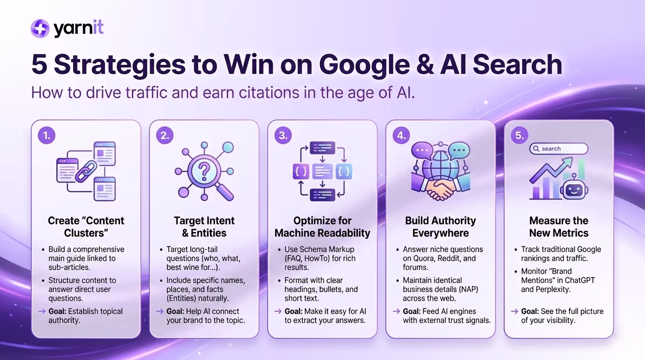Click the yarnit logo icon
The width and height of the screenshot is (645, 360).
(40, 29)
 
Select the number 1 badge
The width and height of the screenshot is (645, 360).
(47, 135)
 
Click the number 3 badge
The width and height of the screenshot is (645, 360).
(283, 135)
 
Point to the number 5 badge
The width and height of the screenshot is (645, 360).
(519, 135)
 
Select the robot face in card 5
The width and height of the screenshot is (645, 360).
(574, 190)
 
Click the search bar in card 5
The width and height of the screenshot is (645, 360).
(558, 149)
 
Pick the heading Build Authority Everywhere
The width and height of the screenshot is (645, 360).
(440, 227)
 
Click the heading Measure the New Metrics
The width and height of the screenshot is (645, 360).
(558, 227)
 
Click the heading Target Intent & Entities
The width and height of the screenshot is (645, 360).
(204, 227)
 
